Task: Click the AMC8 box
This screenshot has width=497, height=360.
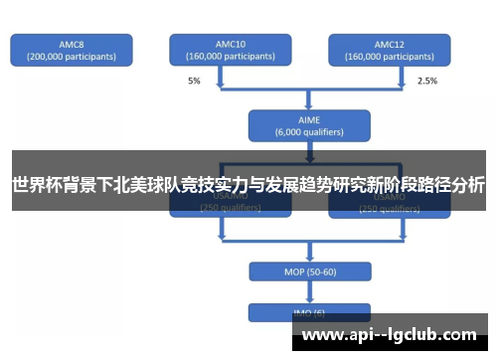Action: tap(71, 51)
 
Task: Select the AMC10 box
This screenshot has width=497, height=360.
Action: tap(230, 51)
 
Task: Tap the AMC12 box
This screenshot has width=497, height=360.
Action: tap(389, 51)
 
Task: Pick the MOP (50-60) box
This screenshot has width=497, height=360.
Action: tap(309, 271)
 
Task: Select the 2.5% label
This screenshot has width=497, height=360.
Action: tap(426, 80)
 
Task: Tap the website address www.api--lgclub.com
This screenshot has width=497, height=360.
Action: tap(389, 335)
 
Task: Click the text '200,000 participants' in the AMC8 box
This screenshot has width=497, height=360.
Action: tap(71, 57)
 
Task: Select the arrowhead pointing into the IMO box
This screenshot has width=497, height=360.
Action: tap(309, 300)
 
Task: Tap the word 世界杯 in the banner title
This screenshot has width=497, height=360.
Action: tap(34, 184)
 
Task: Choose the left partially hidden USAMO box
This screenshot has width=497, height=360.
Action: tap(230, 206)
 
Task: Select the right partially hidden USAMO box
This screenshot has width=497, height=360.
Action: tap(389, 206)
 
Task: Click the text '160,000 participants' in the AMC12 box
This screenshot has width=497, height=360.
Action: tap(389, 57)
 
